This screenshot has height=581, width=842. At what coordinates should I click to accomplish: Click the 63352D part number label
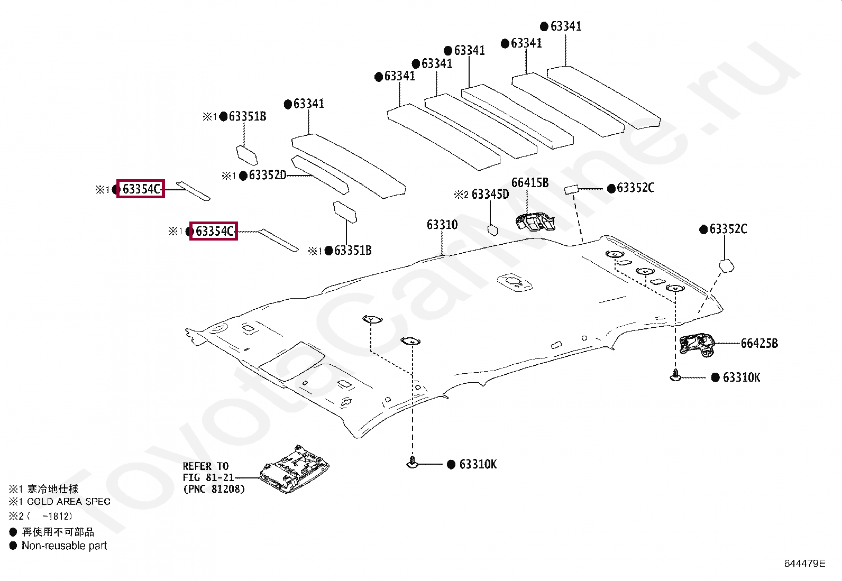coord(267,175)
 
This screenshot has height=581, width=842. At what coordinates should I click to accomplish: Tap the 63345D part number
coord(490,195)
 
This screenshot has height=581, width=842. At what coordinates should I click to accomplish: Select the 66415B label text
coord(530,182)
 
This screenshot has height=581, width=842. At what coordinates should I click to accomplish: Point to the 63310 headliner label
coord(442,225)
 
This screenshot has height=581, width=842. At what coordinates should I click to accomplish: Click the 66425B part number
coord(759,344)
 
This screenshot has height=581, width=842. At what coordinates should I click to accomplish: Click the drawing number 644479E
coord(804,564)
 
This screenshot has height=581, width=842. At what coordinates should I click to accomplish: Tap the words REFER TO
coord(206,466)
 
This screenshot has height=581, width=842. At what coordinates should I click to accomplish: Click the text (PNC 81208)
coord(214,489)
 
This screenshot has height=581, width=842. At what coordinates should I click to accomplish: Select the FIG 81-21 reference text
coord(208,478)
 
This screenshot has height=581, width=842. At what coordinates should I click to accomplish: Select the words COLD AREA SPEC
coord(69,502)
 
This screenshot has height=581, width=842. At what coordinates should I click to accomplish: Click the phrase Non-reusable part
coord(65,546)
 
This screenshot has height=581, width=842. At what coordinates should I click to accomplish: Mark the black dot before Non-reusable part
coord(13,546)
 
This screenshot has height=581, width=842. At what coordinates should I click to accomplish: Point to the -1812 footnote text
coord(57,516)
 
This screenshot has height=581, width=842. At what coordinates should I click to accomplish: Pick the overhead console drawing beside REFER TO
coord(295,469)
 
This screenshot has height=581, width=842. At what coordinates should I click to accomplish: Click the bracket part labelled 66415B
coord(535,222)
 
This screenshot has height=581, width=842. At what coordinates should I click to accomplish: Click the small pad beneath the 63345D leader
coord(493,230)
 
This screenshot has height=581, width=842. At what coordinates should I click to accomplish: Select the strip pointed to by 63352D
coord(321,175)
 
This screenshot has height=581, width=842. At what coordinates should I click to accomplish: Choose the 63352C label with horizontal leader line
coord(635,188)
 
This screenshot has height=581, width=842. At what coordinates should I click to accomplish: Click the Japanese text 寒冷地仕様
coord(53,489)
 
